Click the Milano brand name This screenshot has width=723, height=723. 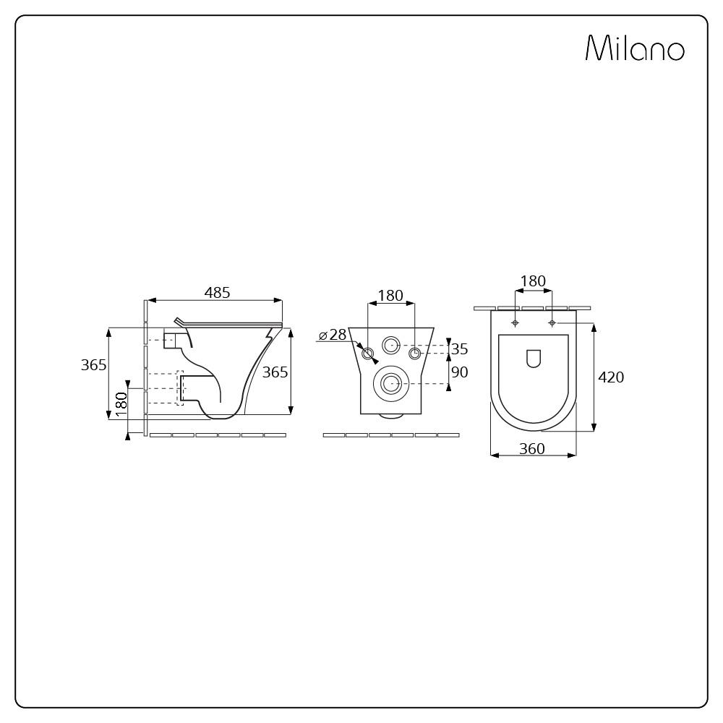pos(635,48)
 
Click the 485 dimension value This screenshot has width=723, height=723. pos(217,292)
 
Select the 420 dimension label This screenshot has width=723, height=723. pos(611,377)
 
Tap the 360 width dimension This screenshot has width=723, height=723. pos(532,449)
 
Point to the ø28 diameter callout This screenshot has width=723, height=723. pos(333,335)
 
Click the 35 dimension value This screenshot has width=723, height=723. pos(459,349)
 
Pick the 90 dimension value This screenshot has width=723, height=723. pos(459,372)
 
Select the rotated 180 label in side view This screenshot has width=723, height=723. pos(121,404)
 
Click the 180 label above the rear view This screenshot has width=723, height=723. pos(390,295)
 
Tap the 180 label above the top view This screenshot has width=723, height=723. pos(533,281)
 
